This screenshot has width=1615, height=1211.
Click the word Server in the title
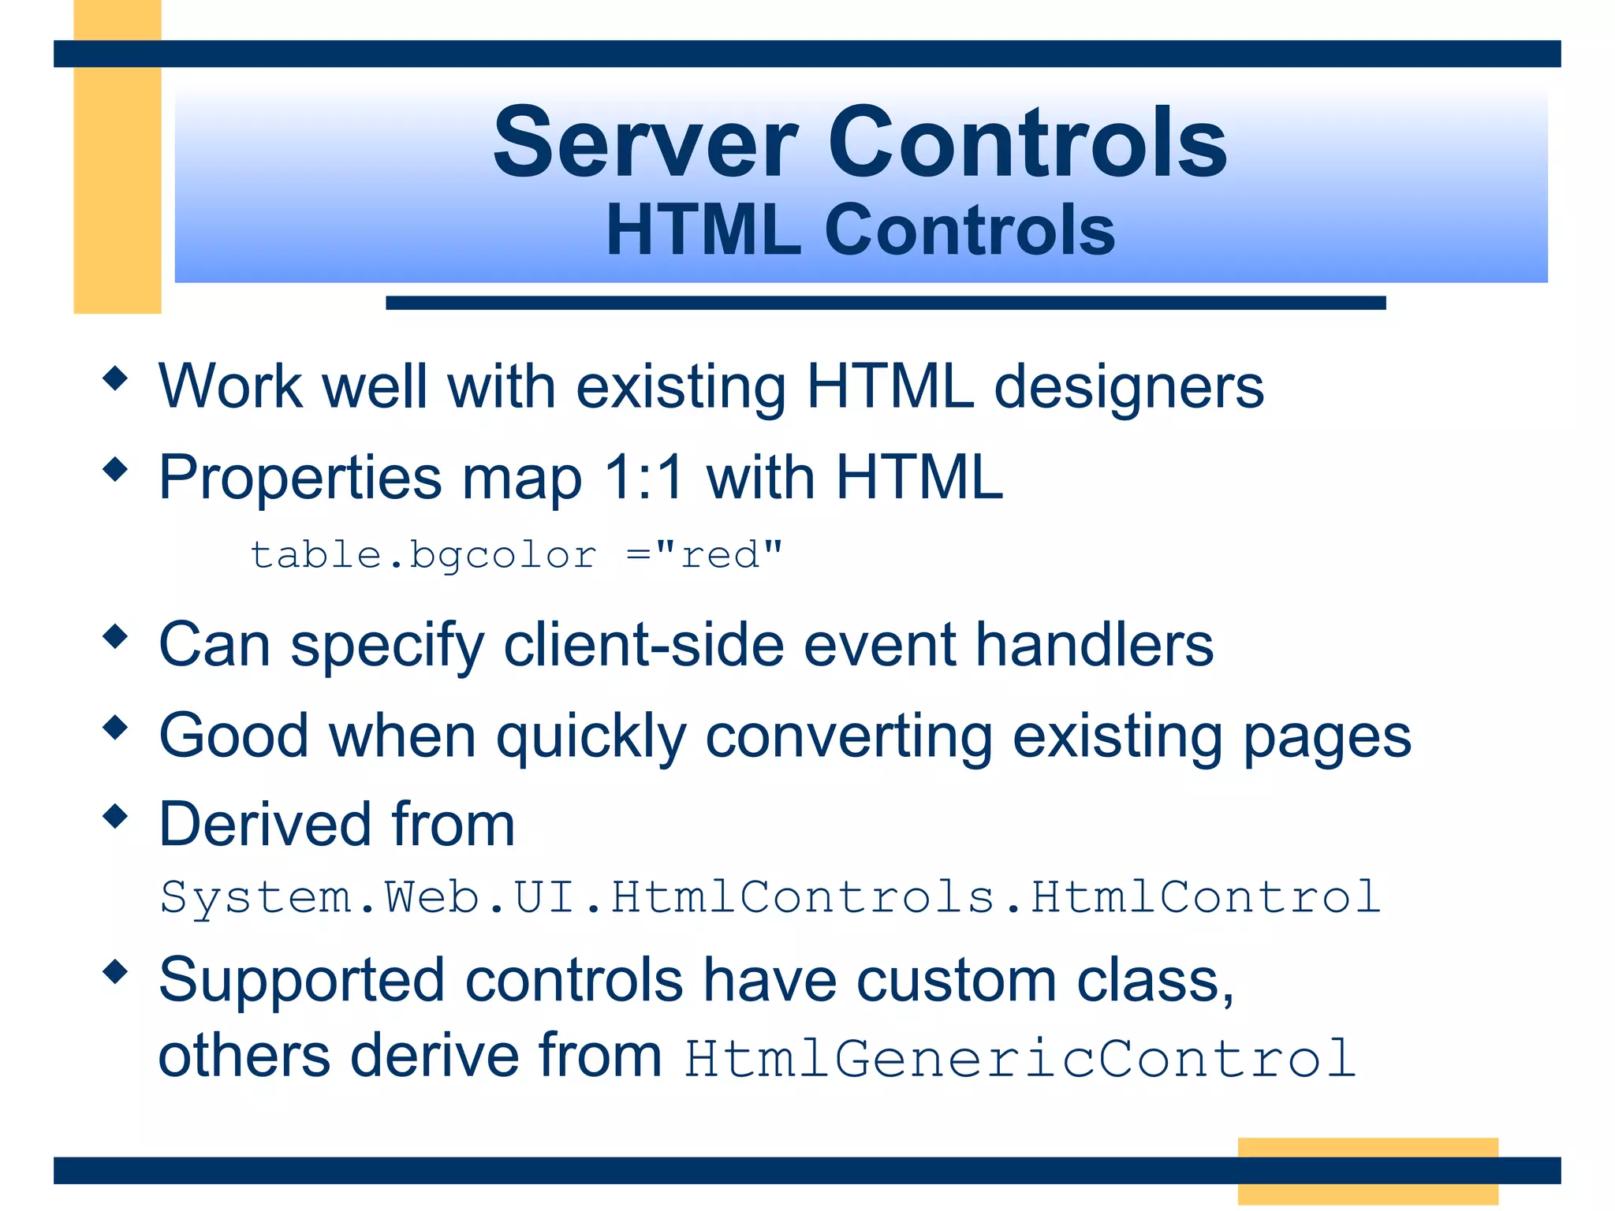[x=645, y=143]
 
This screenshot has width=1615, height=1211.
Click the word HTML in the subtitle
[x=703, y=230]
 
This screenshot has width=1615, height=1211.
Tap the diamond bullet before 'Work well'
[x=115, y=378]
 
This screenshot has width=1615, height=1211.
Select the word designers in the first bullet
[x=1128, y=387]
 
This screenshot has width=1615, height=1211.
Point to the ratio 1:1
[x=643, y=477]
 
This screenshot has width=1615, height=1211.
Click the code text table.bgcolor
[x=423, y=555]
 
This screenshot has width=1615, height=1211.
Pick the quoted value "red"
[x=718, y=555]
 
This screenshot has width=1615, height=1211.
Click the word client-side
[x=643, y=644]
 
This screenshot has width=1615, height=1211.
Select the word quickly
[x=591, y=736]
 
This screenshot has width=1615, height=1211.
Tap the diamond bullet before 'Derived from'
[x=115, y=816]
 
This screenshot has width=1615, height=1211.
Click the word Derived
[x=265, y=825]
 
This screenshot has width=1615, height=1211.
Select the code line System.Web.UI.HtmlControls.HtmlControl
[x=770, y=897]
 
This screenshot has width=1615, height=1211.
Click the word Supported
[x=301, y=980]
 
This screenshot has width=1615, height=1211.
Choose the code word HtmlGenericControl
[x=1020, y=1058]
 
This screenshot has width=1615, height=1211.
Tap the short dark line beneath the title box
[x=885, y=303]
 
